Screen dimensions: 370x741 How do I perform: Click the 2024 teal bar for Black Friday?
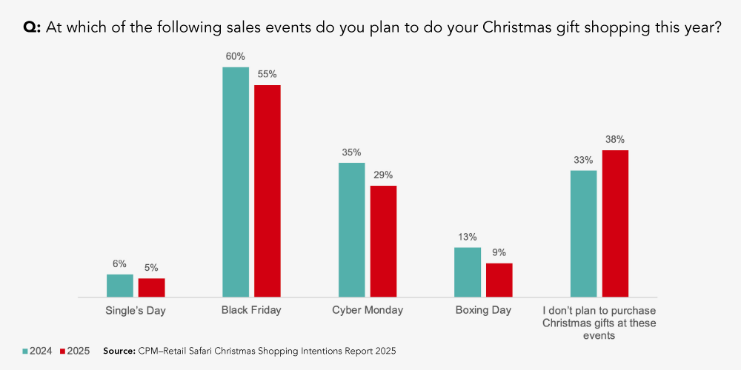(236, 182)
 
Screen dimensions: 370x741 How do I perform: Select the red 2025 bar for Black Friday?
(268, 191)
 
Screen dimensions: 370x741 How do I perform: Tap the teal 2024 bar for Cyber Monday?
(351, 230)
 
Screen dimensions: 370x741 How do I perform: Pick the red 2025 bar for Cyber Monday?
(383, 241)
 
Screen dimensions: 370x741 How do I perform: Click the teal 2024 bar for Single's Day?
(120, 286)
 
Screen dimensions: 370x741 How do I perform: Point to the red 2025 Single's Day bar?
(152, 288)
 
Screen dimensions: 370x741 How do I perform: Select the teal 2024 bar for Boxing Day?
(468, 272)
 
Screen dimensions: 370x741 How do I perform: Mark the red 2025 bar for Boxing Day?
(499, 280)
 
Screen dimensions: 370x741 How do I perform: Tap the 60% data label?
(236, 56)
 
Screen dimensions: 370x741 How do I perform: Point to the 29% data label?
(383, 175)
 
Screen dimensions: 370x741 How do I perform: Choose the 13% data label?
(468, 237)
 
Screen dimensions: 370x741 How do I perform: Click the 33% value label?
(583, 160)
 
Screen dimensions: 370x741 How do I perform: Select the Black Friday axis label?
(251, 310)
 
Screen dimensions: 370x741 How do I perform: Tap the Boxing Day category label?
(483, 310)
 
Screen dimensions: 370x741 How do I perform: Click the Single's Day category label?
(136, 310)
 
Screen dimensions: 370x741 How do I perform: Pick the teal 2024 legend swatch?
(25, 351)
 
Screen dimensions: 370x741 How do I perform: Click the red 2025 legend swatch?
(63, 351)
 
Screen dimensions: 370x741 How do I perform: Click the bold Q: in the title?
(33, 28)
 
